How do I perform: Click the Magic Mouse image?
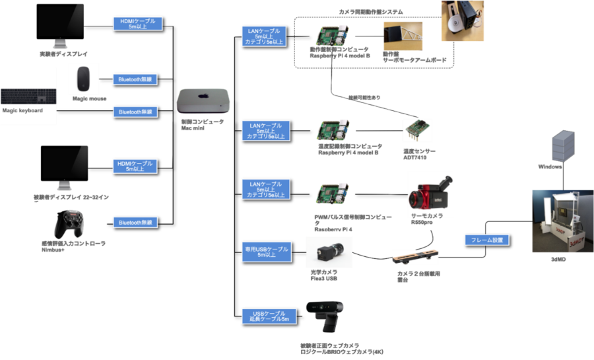click(x=83, y=78)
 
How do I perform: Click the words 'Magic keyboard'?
click(x=22, y=110)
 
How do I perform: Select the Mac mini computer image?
click(x=203, y=101)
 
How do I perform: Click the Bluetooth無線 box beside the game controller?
click(x=135, y=222)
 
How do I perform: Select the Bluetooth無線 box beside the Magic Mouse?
click(x=135, y=79)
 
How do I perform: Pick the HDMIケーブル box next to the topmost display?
click(x=137, y=23)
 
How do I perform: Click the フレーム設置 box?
click(x=486, y=240)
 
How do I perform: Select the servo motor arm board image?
click(x=405, y=37)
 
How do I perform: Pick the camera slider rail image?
click(x=415, y=257)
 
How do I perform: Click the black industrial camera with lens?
click(x=327, y=251)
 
